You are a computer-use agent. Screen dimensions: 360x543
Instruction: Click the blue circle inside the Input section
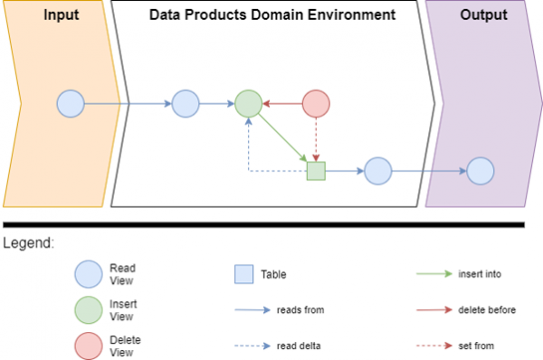coord(71,104)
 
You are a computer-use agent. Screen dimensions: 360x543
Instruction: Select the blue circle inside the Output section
coord(480,171)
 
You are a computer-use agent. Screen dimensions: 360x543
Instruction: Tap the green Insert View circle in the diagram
coord(248,104)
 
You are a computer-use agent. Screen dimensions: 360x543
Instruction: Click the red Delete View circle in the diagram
coord(315,104)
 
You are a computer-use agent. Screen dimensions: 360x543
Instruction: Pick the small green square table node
coord(315,171)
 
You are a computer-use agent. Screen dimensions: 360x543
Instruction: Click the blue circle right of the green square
coord(376,171)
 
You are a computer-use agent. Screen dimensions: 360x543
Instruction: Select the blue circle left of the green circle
coord(185,104)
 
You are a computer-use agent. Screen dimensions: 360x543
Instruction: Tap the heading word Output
coord(483,15)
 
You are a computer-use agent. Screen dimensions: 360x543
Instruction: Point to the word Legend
coord(28,243)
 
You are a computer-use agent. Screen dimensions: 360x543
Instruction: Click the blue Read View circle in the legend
coord(89,273)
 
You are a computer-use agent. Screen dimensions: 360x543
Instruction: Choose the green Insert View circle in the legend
coord(89,309)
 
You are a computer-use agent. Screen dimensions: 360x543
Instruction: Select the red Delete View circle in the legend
coord(89,345)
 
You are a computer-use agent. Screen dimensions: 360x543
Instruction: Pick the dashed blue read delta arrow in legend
coord(252,345)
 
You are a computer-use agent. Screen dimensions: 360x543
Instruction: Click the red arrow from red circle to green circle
coord(281,104)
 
